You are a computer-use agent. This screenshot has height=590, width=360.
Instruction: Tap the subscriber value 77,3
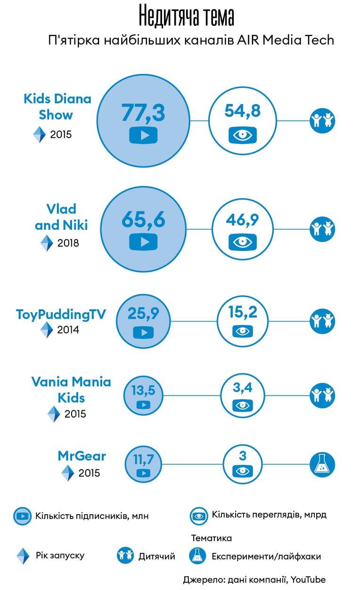click(143, 113)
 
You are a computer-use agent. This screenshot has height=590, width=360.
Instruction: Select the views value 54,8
click(243, 111)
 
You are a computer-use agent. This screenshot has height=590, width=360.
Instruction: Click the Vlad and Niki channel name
click(61, 217)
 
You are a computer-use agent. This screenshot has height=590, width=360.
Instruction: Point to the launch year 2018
click(68, 243)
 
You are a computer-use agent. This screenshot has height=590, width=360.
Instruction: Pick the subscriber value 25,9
click(143, 314)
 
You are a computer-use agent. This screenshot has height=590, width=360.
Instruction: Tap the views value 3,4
click(243, 388)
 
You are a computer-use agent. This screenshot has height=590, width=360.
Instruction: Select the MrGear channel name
click(82, 456)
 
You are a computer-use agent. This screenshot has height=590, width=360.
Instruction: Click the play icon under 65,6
click(143, 242)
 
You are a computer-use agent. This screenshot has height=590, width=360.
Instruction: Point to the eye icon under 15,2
click(243, 331)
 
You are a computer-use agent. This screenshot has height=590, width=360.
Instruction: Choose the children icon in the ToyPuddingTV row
click(322, 321)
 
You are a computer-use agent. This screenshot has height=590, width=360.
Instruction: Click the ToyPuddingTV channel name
click(61, 314)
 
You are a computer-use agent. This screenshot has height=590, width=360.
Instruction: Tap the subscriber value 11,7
click(143, 460)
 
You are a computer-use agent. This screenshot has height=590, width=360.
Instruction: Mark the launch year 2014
click(68, 330)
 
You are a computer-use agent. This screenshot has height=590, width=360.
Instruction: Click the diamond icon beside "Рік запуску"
click(23, 556)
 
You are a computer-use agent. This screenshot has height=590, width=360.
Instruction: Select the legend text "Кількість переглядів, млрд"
click(269, 515)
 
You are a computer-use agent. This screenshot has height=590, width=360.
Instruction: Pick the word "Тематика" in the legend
click(212, 538)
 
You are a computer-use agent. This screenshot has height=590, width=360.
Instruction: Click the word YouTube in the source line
click(308, 580)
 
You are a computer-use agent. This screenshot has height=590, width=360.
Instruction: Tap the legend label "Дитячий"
click(157, 556)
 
